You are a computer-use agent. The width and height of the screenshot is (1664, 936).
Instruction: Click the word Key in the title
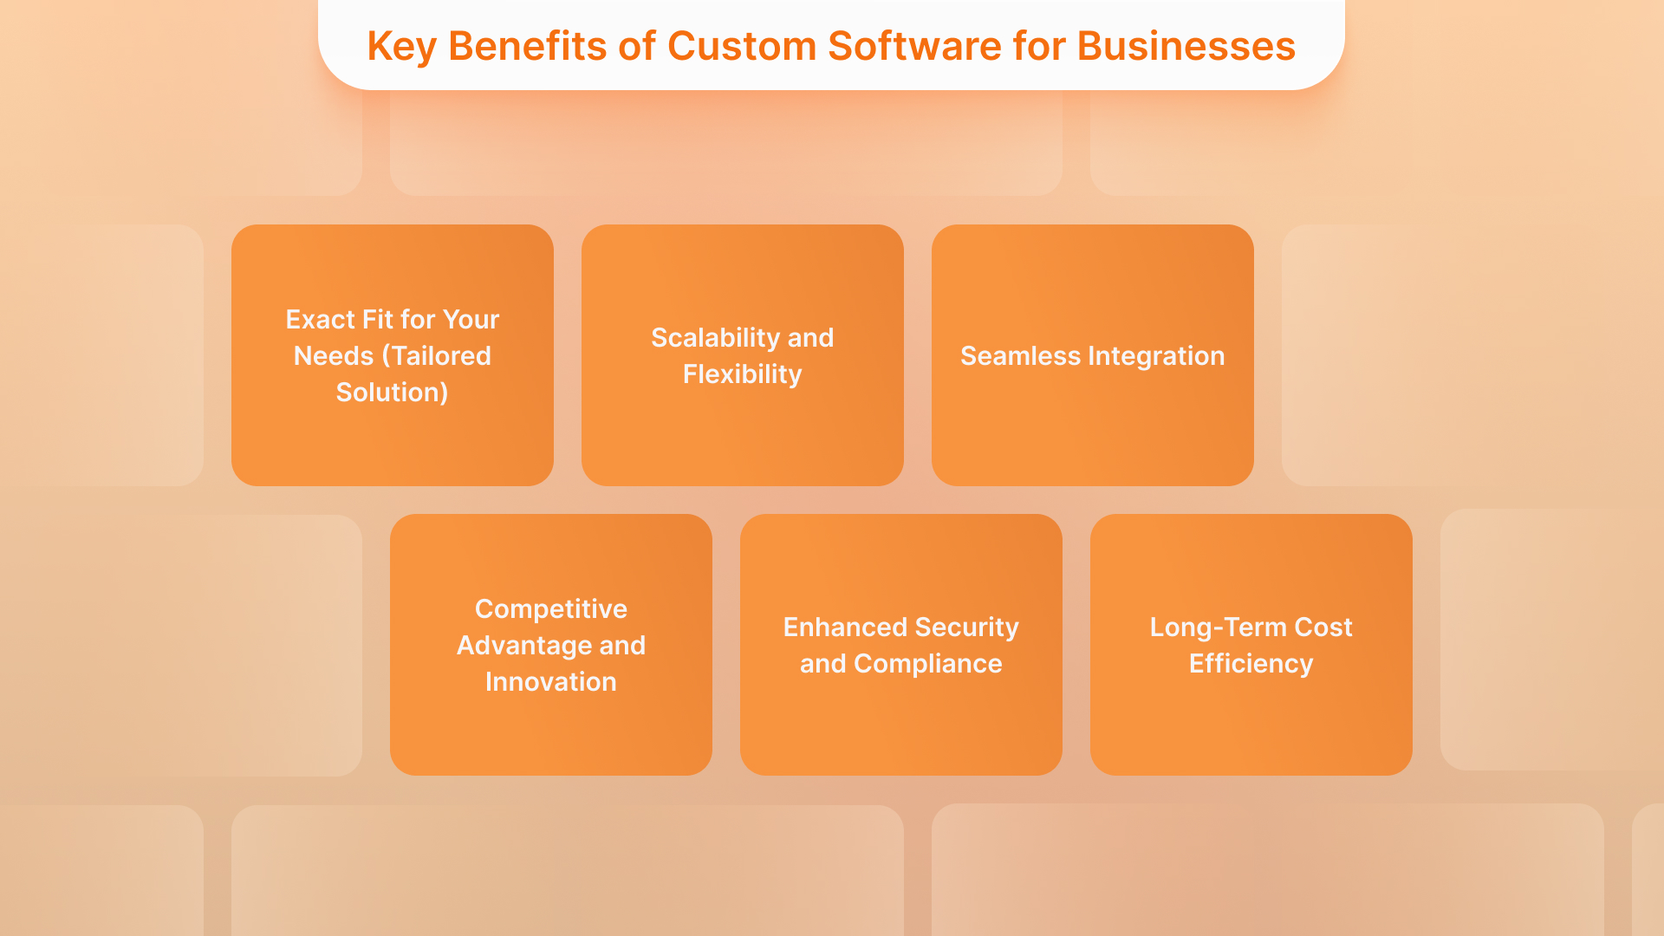(x=400, y=47)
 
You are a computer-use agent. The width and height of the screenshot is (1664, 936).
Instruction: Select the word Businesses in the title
(x=1186, y=47)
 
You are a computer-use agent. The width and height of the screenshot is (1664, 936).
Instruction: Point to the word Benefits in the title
(x=527, y=47)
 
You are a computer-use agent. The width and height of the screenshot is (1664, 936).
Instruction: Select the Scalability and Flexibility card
(x=742, y=433)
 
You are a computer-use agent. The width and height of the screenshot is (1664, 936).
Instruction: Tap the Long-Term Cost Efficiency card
(x=1251, y=728)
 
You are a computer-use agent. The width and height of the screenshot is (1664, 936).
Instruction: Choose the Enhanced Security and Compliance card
(x=900, y=728)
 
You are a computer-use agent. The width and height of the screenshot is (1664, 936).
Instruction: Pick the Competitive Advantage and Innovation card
(x=550, y=737)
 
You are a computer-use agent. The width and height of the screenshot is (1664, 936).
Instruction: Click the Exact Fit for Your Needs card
(x=392, y=442)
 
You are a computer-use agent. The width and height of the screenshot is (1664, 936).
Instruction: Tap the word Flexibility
(x=742, y=374)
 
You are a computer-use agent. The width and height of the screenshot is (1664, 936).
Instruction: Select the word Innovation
(x=550, y=682)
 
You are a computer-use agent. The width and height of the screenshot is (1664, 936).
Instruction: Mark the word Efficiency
(x=1251, y=664)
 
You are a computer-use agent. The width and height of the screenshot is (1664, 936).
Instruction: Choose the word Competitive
(x=550, y=609)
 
